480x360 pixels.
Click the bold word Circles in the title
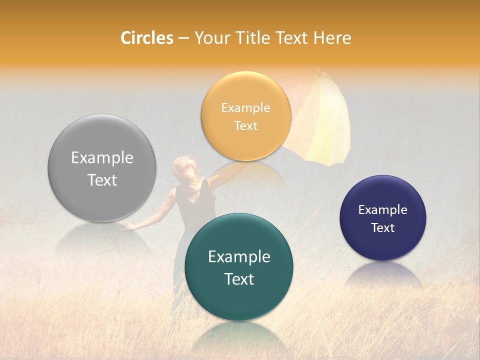tap(147, 38)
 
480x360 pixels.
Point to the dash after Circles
tap(183, 38)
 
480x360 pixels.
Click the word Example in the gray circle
tap(102, 158)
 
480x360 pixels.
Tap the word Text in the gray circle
tap(102, 180)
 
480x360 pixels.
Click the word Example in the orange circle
tap(246, 108)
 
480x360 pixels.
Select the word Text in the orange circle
tap(246, 125)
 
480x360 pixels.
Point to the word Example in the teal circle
tap(239, 257)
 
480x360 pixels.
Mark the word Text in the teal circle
tap(239, 279)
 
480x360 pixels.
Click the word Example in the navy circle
tap(383, 210)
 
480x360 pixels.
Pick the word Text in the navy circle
tap(383, 228)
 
